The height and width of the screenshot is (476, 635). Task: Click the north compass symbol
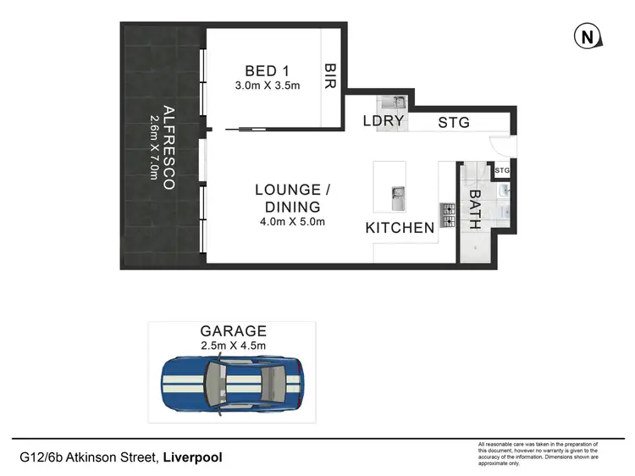586,37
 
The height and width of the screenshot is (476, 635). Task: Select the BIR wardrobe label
331,76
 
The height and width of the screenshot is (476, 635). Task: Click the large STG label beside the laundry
454,123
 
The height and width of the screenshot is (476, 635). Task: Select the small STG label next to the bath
501,171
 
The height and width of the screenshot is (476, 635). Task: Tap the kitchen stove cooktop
445,210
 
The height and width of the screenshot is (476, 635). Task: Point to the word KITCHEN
400,227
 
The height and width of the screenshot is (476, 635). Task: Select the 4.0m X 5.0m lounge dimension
291,222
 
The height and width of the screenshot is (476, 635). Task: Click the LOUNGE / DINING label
288,198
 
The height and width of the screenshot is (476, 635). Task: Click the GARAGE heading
233,331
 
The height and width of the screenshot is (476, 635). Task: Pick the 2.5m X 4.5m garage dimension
233,346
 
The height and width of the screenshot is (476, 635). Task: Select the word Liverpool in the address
192,457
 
